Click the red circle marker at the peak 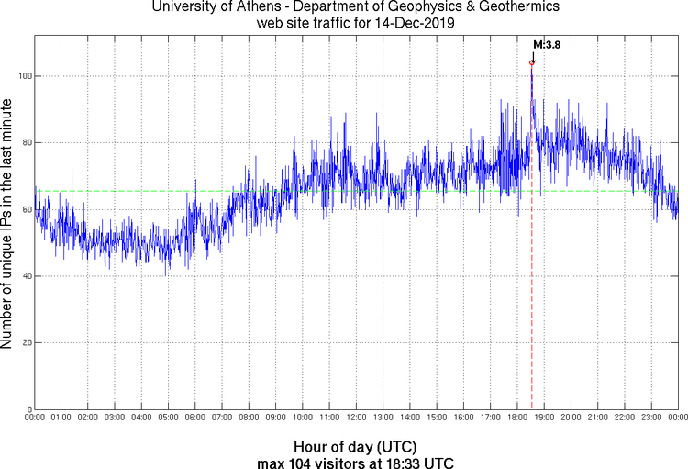(532, 62)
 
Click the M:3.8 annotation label (547, 44)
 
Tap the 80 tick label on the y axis (26, 142)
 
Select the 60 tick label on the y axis (26, 209)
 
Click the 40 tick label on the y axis (26, 276)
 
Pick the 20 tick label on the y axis (26, 343)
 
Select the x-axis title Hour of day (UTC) (342, 446)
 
